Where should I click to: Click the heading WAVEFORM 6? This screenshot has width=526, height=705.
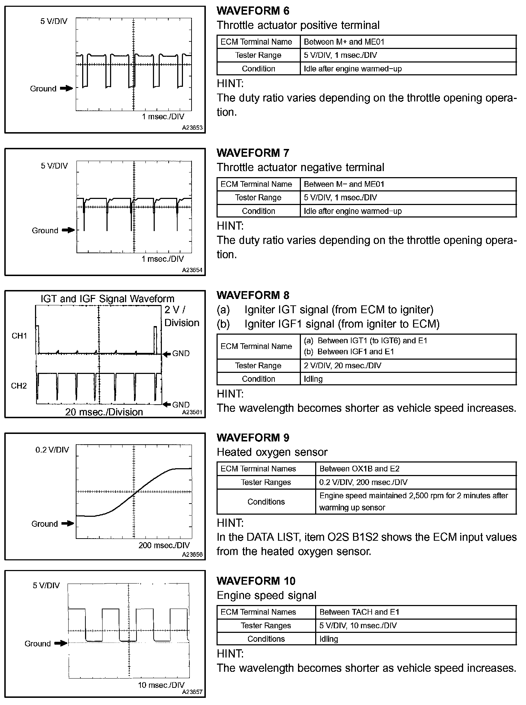click(x=253, y=11)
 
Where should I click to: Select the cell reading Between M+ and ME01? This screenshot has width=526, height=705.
click(x=344, y=42)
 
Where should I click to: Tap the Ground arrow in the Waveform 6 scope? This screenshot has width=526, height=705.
click(x=66, y=88)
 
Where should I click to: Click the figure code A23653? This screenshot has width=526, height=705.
click(x=192, y=127)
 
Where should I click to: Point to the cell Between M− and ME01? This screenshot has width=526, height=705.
click(x=344, y=184)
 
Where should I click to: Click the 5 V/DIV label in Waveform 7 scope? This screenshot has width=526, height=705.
click(x=54, y=166)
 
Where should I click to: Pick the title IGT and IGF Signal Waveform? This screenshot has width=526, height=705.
click(x=107, y=299)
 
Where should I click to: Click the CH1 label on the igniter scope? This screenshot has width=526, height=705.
click(x=19, y=336)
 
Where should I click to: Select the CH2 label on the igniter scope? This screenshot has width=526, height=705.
click(x=19, y=386)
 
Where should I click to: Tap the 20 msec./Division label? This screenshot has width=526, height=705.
click(x=104, y=412)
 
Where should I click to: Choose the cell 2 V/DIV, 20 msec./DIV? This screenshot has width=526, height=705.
click(x=342, y=365)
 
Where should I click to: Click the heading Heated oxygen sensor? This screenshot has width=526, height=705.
click(x=272, y=452)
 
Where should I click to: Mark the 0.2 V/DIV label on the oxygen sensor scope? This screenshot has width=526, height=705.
click(x=52, y=450)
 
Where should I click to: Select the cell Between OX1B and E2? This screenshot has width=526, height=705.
click(x=359, y=469)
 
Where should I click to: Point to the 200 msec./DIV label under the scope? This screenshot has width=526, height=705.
click(x=164, y=545)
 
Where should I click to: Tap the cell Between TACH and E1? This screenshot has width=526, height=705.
click(x=359, y=612)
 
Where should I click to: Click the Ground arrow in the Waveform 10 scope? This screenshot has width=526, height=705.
click(x=61, y=643)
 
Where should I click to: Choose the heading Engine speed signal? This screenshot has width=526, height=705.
click(x=267, y=595)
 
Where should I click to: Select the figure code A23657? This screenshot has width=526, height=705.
click(x=192, y=692)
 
